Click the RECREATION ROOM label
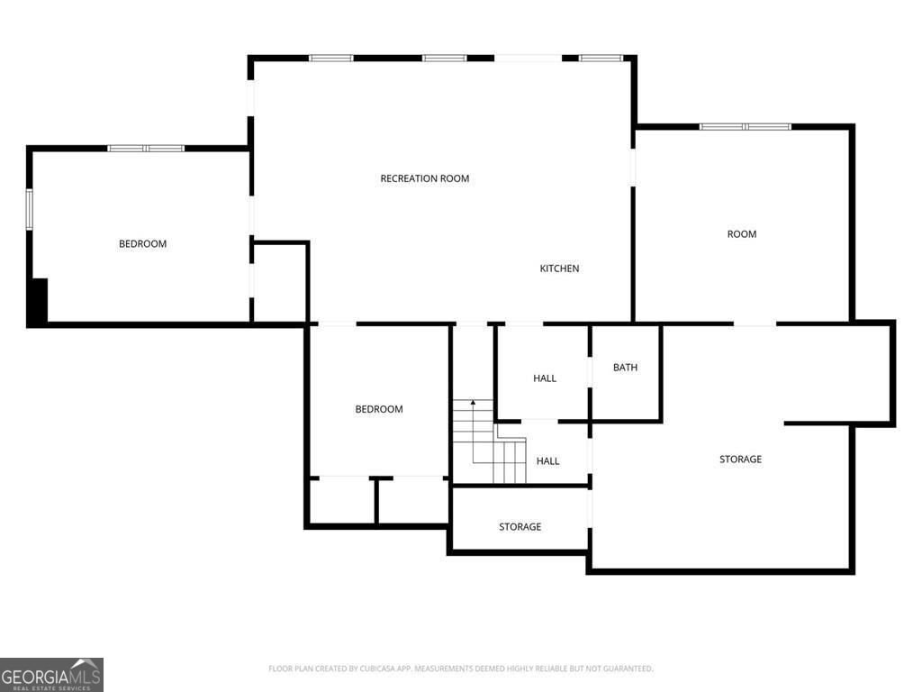425,178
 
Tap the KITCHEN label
559,269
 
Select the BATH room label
625,368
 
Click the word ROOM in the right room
742,234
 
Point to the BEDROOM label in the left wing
142,244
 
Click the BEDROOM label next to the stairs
379,409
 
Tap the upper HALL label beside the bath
545,378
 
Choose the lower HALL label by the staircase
547,461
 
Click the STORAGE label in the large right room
740,460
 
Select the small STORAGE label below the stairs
520,527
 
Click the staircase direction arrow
474,403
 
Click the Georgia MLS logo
51,674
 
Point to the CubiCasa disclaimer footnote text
460,669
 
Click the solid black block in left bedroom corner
38,301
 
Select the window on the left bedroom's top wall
146,148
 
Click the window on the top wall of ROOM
746,127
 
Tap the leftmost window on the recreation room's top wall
330,59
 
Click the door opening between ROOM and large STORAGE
755,323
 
